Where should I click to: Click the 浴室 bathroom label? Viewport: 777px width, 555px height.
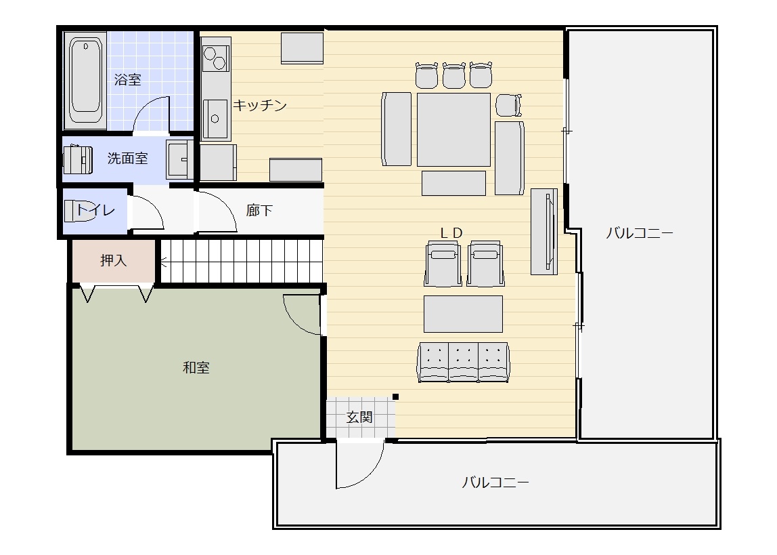(x=128, y=80)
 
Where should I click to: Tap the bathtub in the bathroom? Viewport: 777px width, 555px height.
(x=85, y=81)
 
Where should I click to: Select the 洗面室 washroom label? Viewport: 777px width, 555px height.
(x=127, y=158)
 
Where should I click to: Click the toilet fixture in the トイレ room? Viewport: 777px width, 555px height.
(x=79, y=210)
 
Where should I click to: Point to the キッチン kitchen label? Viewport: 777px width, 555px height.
(x=260, y=105)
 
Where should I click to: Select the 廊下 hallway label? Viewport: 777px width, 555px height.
(x=260, y=210)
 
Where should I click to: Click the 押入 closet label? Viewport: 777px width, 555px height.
(x=114, y=260)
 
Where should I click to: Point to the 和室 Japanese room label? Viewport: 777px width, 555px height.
(x=196, y=367)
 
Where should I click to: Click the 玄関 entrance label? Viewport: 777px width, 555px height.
(x=359, y=417)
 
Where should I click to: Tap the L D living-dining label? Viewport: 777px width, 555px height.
(x=451, y=232)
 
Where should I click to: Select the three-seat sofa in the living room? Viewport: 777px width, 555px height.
(x=464, y=362)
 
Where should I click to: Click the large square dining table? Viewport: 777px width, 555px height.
(x=453, y=129)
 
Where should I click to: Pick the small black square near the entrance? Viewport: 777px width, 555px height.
(x=395, y=397)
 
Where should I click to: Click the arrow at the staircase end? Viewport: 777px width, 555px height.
(x=164, y=262)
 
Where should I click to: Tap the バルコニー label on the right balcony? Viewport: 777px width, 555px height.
(x=639, y=232)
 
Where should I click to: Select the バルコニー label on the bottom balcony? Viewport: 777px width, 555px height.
(x=495, y=482)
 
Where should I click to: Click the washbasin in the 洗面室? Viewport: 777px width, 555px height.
(x=179, y=159)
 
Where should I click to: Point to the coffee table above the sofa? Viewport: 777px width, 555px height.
(x=463, y=314)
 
